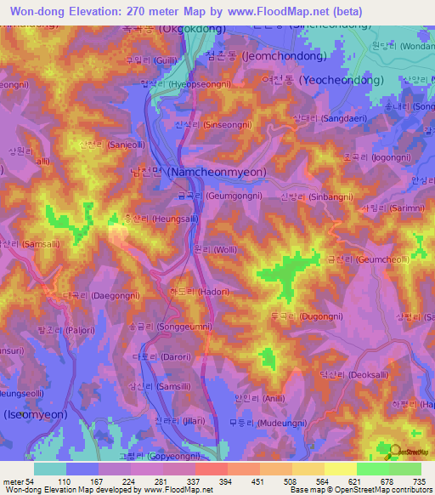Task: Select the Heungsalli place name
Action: tap(154, 219)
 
